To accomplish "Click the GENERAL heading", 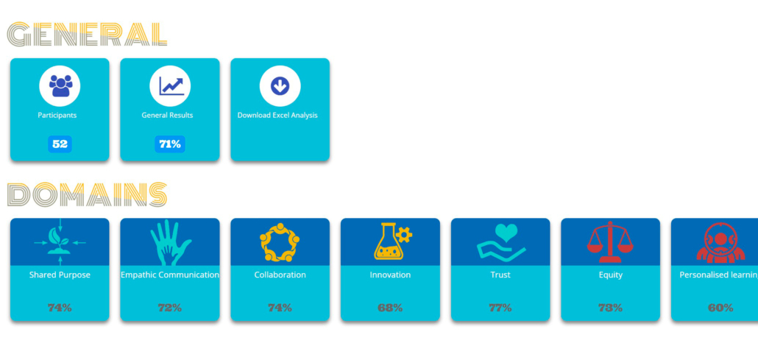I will (x=87, y=35).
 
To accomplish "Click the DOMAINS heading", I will (x=87, y=194).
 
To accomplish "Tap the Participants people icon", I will (x=60, y=86).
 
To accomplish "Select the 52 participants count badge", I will (x=60, y=144).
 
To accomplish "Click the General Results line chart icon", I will (x=170, y=86).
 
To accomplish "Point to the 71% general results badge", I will (x=170, y=144).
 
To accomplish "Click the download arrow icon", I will (x=280, y=86).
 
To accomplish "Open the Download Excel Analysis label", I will (x=277, y=116).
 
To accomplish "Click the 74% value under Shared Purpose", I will (x=60, y=308).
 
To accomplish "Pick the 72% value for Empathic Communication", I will (x=170, y=308).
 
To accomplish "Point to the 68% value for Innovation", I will (x=390, y=308).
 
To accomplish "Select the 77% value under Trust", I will (x=500, y=308).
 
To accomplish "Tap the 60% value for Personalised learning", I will (x=720, y=308).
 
